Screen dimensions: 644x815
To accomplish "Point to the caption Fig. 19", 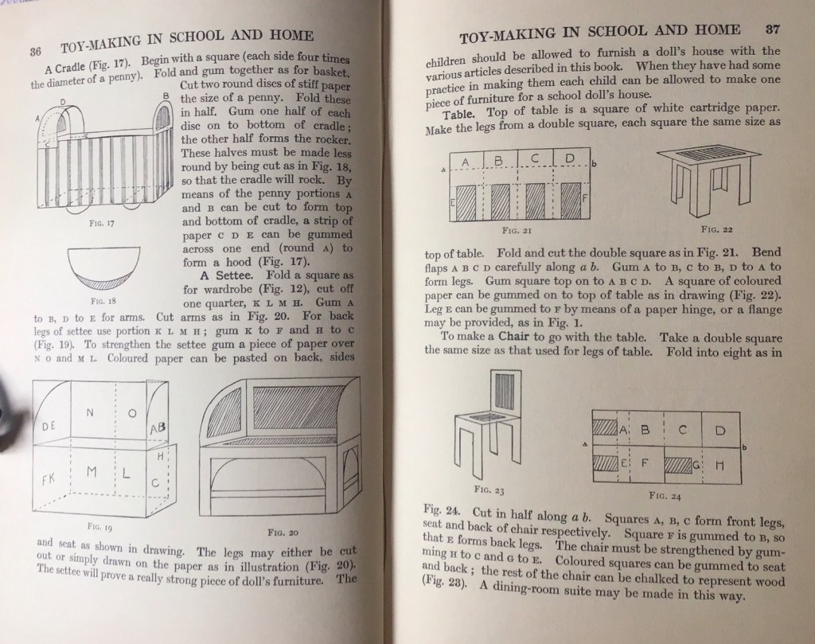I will click(x=100, y=527).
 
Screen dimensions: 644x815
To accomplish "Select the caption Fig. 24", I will click(x=663, y=494).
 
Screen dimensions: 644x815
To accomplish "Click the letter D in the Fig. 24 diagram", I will click(x=719, y=431).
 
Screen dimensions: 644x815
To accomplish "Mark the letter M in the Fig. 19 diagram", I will click(x=92, y=471).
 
